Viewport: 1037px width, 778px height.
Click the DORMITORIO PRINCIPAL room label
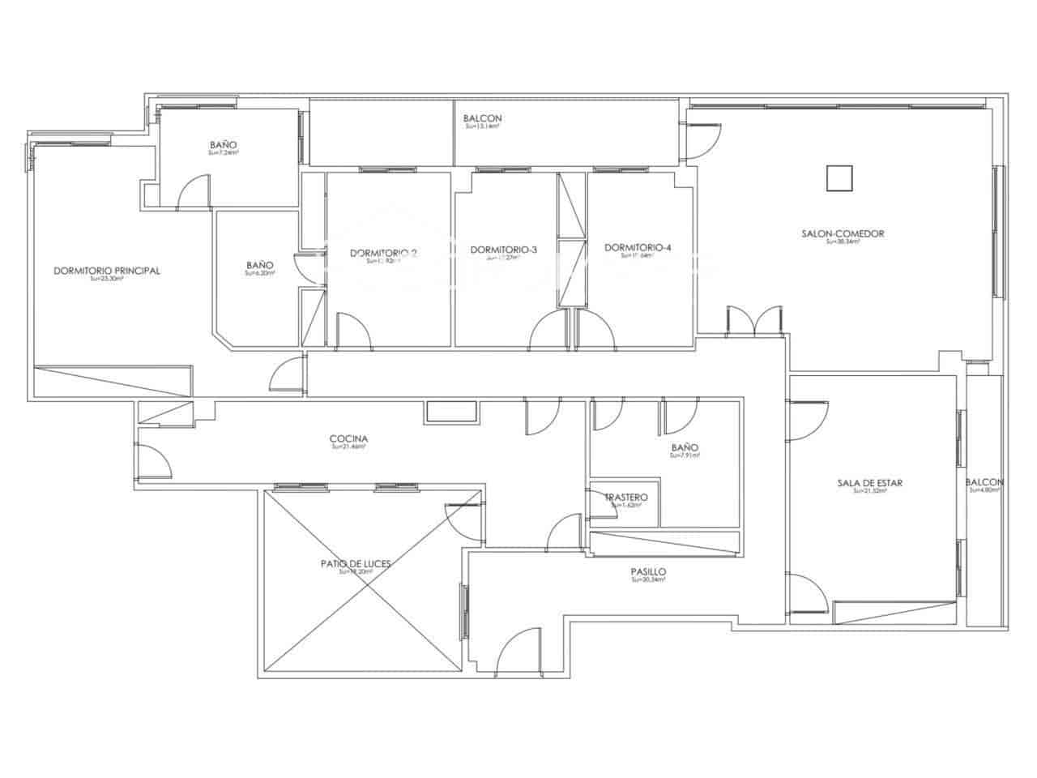106,271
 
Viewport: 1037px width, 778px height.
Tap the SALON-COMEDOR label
842,233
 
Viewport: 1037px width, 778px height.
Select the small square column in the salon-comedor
840,177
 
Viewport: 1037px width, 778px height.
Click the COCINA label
349,438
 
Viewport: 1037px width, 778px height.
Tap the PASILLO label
648,571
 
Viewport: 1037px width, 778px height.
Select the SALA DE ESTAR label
869,483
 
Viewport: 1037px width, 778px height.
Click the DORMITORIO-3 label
503,250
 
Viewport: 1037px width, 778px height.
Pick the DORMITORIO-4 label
638,248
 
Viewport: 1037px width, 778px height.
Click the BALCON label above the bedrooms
483,118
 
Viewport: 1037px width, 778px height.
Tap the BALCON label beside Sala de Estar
984,482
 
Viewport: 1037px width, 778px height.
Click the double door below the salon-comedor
754,320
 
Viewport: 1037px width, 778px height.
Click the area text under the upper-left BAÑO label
222,152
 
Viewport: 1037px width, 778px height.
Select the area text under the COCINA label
349,447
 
